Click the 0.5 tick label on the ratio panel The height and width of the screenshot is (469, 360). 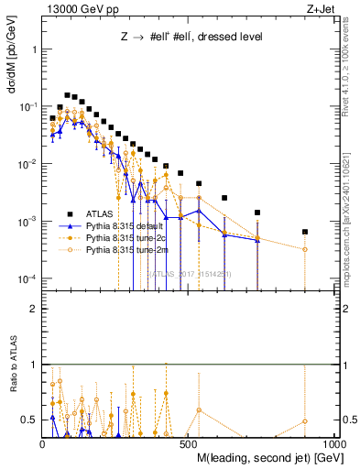(x=28, y=420)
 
